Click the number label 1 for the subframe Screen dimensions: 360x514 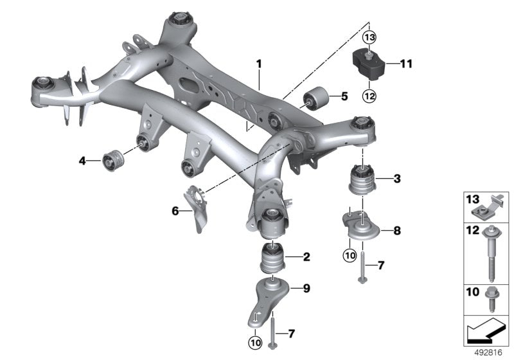tap(259, 64)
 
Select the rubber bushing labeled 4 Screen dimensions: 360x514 tap(113, 159)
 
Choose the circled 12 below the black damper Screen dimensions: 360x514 tap(369, 96)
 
